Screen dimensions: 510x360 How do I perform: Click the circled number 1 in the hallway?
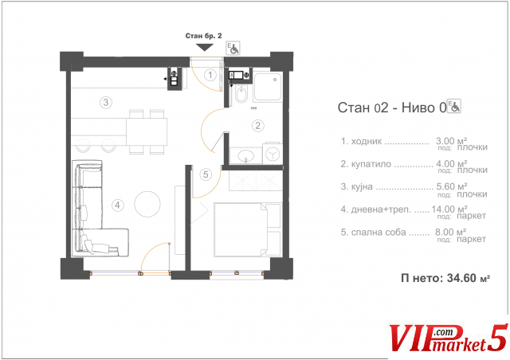tap(210, 75)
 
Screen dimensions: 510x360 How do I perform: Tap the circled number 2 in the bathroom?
tap(258, 125)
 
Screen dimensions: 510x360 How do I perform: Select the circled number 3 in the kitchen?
tap(106, 103)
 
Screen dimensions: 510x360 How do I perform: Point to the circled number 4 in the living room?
tap(117, 205)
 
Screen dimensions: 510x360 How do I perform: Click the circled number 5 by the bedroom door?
tap(206, 174)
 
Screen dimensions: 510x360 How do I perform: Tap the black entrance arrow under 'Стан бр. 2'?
tap(205, 48)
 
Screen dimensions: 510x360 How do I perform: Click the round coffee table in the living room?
tap(147, 204)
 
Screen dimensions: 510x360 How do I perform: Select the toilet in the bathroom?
tap(241, 94)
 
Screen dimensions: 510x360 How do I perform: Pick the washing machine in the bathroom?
tap(273, 153)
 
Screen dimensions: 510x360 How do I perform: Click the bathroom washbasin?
tap(246, 156)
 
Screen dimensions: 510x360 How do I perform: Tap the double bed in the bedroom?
tap(248, 230)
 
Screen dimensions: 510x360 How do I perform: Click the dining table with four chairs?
tap(147, 131)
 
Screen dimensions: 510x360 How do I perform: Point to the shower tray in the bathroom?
tap(268, 87)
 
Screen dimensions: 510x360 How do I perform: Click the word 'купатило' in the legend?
tap(371, 164)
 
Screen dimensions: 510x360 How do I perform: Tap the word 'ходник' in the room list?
tap(367, 142)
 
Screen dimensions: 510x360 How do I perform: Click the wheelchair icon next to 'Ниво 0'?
tap(454, 106)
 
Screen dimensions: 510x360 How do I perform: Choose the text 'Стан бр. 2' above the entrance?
tap(204, 36)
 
